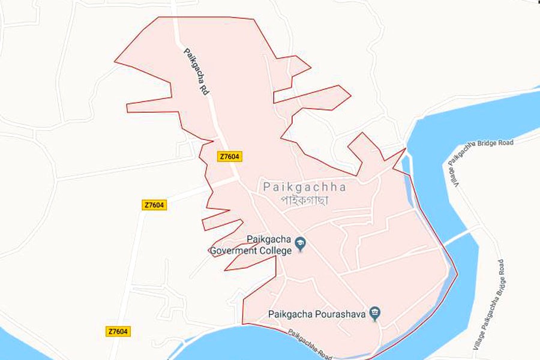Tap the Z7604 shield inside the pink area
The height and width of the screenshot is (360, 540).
(230, 157)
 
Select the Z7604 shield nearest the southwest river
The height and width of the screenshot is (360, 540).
(119, 331)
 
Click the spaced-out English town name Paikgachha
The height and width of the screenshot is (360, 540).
(304, 187)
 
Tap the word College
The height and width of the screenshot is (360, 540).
(276, 251)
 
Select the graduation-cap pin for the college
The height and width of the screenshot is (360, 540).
(301, 244)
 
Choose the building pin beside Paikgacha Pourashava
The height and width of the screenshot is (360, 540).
(376, 313)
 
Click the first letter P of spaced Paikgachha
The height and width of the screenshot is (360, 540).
(266, 187)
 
